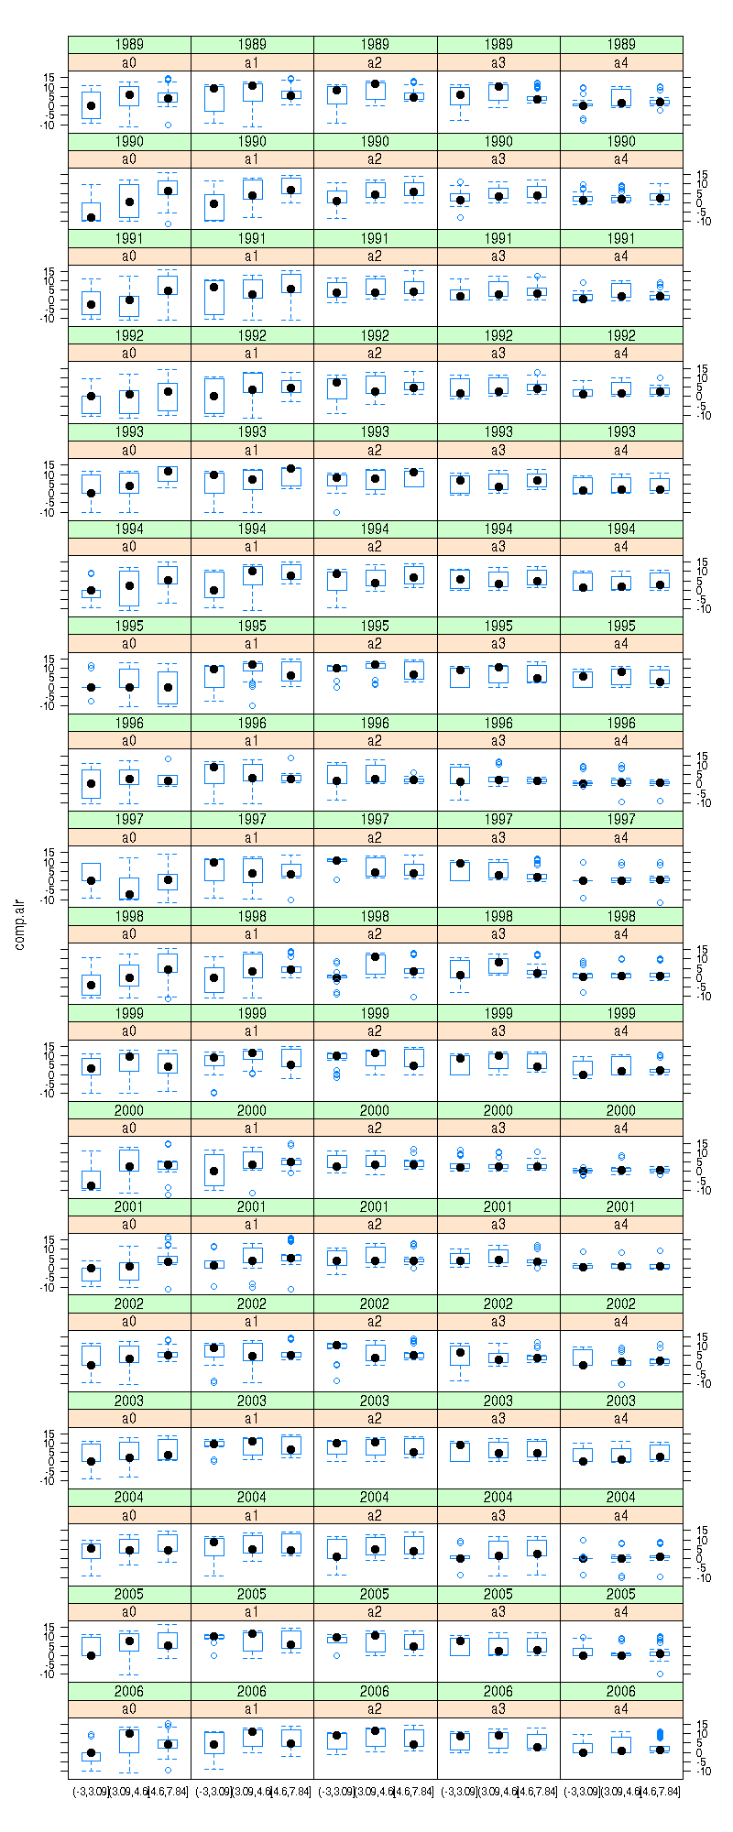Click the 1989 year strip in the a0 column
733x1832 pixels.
point(129,44)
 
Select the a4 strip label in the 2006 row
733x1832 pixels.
point(621,1708)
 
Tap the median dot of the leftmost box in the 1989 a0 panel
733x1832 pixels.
point(91,106)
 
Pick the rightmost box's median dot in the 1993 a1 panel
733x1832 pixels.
point(291,469)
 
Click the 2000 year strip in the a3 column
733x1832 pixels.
point(498,1110)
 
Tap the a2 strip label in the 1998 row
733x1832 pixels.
point(375,934)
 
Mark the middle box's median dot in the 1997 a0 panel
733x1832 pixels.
point(129,894)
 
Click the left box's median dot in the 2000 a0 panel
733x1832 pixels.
point(91,1185)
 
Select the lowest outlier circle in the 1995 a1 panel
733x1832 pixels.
point(252,705)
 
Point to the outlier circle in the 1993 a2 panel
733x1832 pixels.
point(337,512)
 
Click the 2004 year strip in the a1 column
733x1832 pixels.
point(252,1498)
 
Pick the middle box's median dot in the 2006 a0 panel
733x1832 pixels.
point(129,1733)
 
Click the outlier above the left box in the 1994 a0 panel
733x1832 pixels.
point(91,573)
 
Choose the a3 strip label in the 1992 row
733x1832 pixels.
point(498,354)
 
